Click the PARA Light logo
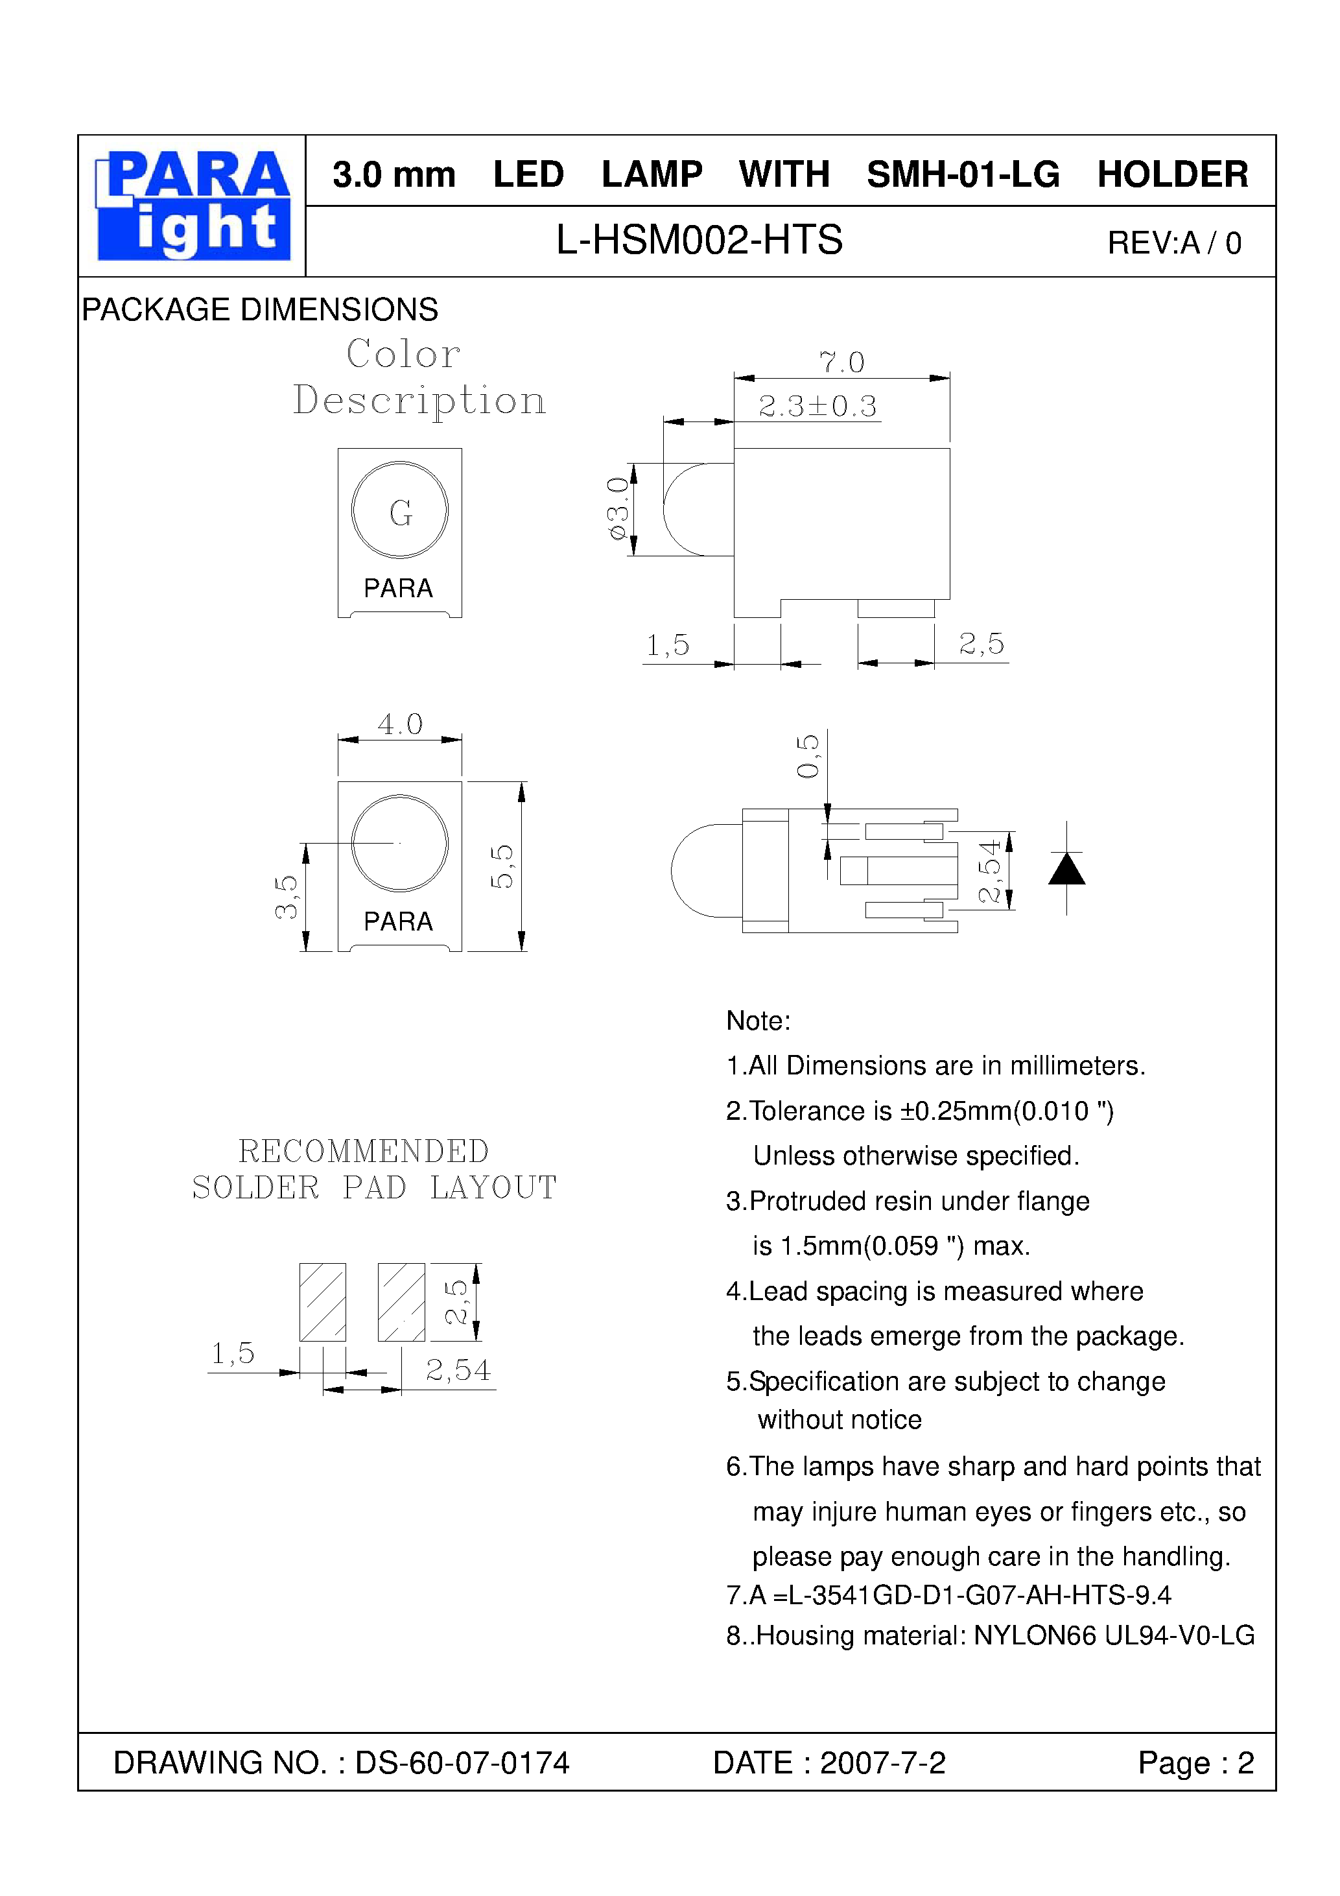click(193, 206)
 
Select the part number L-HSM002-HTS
click(698, 241)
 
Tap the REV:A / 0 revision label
click(1173, 243)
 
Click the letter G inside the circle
click(401, 513)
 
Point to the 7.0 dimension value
click(841, 362)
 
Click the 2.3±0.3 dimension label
click(817, 405)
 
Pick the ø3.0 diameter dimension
click(618, 508)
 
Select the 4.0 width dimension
click(399, 724)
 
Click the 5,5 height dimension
click(501, 866)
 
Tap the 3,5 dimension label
click(286, 897)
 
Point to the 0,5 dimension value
click(808, 755)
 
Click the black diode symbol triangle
click(1066, 869)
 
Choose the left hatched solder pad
click(322, 1302)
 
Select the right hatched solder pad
click(401, 1302)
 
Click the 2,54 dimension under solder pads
click(458, 1371)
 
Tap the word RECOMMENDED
click(363, 1151)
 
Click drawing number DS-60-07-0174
click(462, 1763)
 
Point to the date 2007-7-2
click(882, 1763)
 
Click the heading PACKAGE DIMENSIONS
click(259, 310)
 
